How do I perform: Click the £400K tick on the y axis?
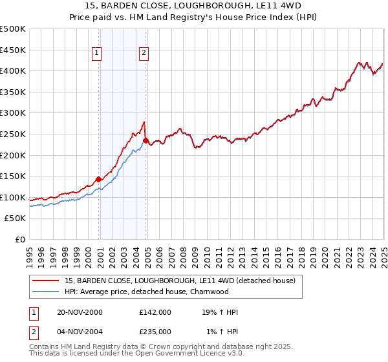[x=13, y=70]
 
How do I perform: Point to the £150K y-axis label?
[x=13, y=176]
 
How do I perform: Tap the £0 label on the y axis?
[x=20, y=239]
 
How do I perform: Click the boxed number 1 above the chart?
[x=96, y=54]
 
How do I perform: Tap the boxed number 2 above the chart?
[x=144, y=54]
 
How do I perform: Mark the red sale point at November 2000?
[x=99, y=179]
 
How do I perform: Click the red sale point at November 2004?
[x=146, y=140]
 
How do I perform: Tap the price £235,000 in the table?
[x=155, y=332]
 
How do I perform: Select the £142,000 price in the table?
[x=155, y=312]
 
